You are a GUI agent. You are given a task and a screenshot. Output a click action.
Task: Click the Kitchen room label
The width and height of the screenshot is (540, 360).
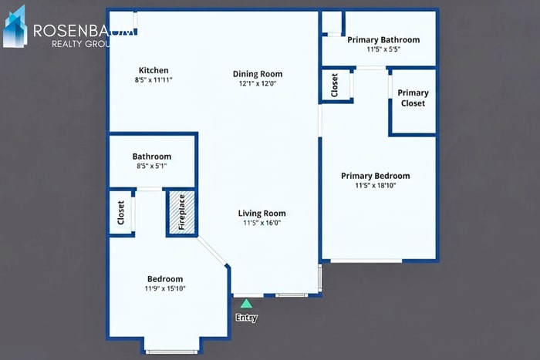pos(153,70)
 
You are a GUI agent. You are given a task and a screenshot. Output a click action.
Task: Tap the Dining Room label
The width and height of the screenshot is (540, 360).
pos(257,74)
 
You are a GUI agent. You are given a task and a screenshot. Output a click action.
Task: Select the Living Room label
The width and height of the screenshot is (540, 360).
pos(262,214)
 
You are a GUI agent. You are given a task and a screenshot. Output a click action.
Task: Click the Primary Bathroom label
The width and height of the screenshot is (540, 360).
pos(383,40)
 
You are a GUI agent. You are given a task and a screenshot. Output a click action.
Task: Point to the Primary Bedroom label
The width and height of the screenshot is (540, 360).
pos(376,176)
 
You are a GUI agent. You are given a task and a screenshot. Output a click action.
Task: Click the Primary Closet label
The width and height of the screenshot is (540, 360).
pos(413,98)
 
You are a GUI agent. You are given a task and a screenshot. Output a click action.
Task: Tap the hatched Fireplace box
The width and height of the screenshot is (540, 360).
pos(181,212)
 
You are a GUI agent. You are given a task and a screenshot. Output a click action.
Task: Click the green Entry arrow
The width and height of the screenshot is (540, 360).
pos(246,304)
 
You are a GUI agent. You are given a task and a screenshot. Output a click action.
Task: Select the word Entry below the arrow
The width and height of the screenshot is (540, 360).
pos(246,318)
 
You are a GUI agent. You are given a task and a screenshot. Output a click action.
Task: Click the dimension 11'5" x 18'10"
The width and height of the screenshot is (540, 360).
pos(376,185)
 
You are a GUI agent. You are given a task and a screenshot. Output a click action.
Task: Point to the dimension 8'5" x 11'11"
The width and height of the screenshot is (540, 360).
pos(153,79)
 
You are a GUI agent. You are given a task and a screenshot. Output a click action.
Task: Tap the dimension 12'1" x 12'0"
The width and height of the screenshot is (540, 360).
pos(257,83)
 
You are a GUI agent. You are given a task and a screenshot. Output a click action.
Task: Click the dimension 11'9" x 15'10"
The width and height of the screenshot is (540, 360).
pos(165,288)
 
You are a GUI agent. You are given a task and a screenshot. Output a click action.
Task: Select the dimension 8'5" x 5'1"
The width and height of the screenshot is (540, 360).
pos(151,166)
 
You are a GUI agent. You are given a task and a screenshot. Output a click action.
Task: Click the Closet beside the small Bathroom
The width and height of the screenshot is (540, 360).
pos(121,212)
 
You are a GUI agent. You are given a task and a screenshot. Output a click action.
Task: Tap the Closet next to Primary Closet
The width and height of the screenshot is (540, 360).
pos(335,85)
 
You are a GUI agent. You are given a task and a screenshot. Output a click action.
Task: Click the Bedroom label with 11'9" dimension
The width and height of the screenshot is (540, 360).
pos(165,279)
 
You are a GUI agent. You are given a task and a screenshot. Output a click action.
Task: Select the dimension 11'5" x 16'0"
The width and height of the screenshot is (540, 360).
pos(262,223)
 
